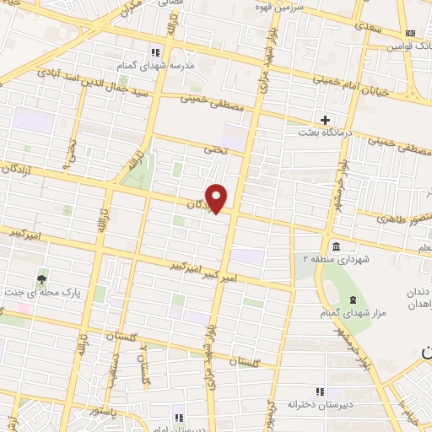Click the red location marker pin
[218, 197]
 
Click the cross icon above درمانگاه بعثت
[325, 120]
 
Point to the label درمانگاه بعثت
[325, 133]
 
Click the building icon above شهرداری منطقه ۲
[337, 246]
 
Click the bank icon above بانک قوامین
[411, 33]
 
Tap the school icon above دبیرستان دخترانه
[318, 391]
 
